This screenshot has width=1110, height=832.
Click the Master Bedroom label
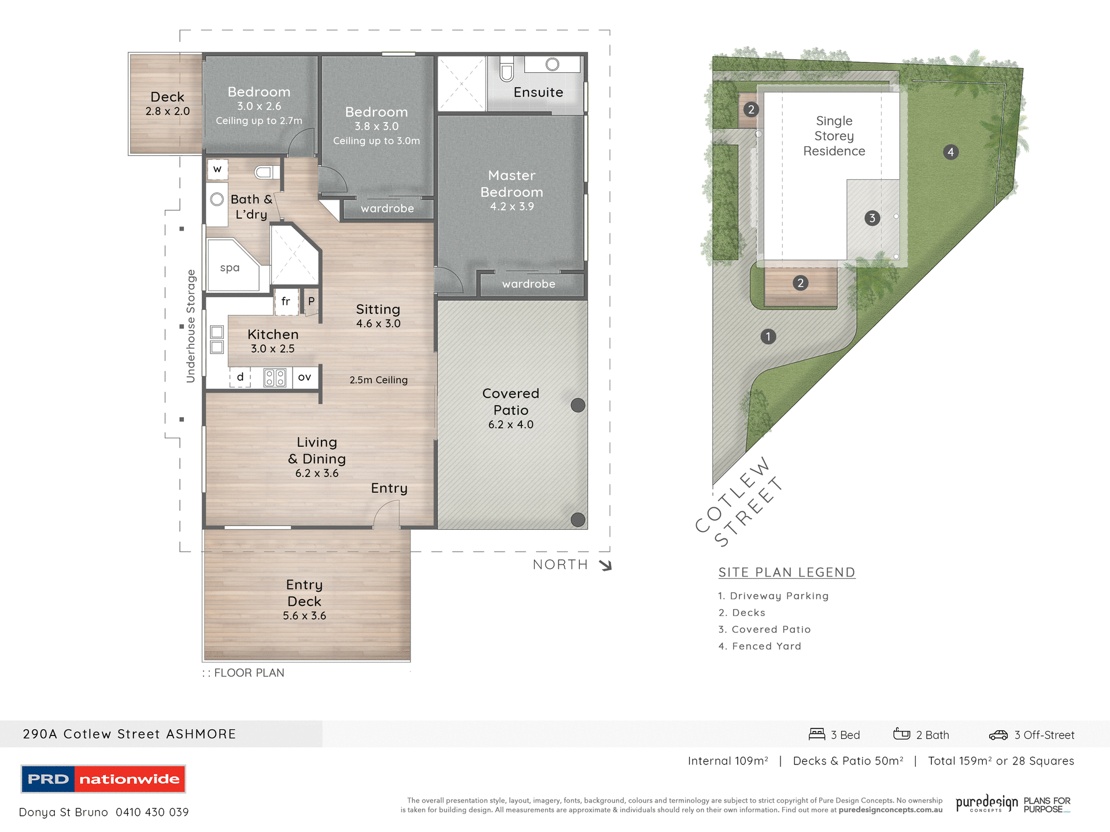pos(512,184)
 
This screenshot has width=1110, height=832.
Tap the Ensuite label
pos(538,92)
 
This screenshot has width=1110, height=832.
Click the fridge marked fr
pos(286,302)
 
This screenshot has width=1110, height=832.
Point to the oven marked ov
pos(305,377)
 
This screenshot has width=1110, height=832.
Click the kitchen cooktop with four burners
pos(275,378)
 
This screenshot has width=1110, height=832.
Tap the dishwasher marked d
pos(240,377)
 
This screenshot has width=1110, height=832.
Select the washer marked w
pos(217,169)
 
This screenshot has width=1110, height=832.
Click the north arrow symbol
pos(605,565)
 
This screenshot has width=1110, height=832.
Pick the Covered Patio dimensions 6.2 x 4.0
pos(510,425)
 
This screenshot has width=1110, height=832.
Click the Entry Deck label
pos(304,593)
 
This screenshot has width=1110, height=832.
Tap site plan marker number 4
pos(950,152)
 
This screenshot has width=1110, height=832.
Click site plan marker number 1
pos(768,336)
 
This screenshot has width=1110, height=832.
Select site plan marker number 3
pos(872,218)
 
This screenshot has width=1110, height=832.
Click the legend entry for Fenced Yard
pos(760,646)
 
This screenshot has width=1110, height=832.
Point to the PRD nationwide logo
pos(103,779)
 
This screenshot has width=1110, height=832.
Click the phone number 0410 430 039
pos(152,812)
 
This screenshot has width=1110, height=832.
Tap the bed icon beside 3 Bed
pos(816,734)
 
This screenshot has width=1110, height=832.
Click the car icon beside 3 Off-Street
pos(998,735)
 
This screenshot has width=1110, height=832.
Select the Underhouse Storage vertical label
pos(191,326)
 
